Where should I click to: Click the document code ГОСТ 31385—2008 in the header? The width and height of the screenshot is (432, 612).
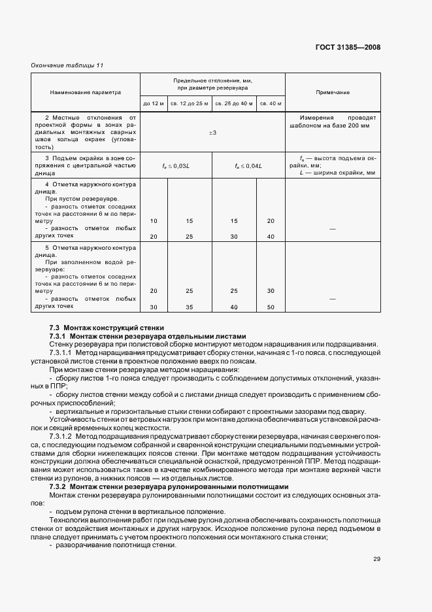tap(347, 47)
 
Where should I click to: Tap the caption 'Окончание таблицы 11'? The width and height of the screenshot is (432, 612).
tap(67, 65)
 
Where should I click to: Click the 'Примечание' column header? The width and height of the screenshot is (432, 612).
tap(333, 92)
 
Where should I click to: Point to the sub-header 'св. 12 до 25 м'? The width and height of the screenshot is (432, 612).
tap(189, 103)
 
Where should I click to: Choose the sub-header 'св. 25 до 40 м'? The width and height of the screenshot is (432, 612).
tap(233, 103)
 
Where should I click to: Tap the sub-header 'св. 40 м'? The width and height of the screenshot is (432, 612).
tap(270, 103)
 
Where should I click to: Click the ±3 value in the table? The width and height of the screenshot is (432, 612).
tap(212, 133)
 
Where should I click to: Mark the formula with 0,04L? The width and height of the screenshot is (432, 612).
tap(248, 165)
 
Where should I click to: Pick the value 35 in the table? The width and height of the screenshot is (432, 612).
tap(189, 307)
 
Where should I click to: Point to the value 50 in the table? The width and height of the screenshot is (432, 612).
tap(270, 307)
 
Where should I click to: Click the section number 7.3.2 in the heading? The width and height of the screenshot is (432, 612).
tap(58, 487)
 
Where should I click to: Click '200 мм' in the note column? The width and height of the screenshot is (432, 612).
tap(357, 126)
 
